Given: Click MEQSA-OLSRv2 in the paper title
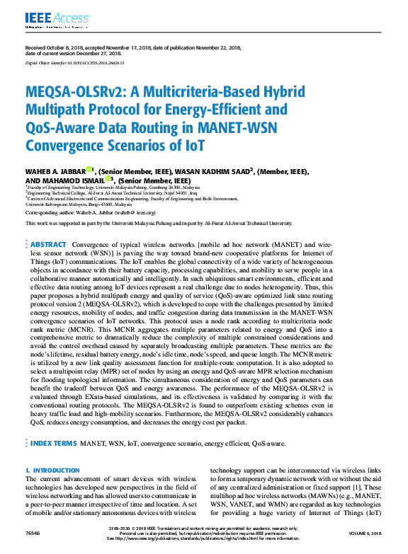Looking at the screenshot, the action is tap(77, 93).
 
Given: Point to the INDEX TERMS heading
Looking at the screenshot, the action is tap(54, 443).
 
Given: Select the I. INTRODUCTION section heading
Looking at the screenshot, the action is tap(52, 471).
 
